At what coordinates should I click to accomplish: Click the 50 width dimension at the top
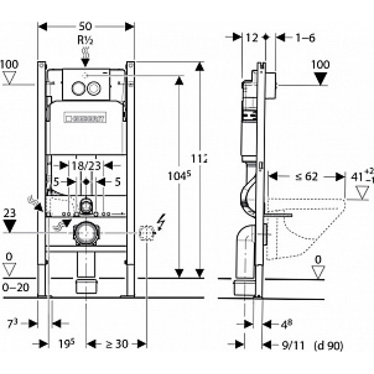tap(86, 27)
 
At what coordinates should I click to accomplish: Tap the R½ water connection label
tap(86, 41)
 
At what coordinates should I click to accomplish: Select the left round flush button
tap(78, 88)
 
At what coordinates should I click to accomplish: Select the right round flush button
tap(94, 88)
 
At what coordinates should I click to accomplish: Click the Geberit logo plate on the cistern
tap(85, 118)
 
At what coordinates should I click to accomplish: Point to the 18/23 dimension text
tap(86, 166)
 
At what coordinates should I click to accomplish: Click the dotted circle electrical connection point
tap(147, 233)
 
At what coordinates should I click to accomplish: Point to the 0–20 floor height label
tap(15, 287)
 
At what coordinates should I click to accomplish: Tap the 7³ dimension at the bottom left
tap(12, 323)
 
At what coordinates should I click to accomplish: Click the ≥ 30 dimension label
tap(116, 344)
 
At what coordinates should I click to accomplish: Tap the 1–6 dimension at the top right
tap(305, 38)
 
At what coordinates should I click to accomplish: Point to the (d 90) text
tap(329, 345)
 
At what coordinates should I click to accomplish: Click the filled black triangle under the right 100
tap(320, 78)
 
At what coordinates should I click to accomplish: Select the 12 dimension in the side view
tap(252, 38)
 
